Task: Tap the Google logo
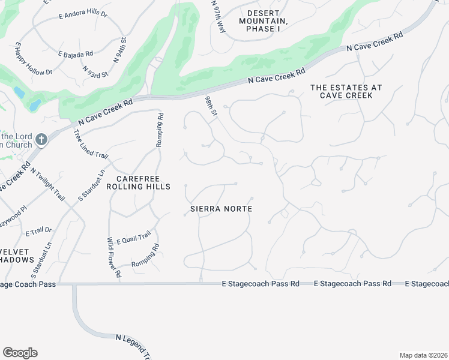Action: pyautogui.click(x=20, y=353)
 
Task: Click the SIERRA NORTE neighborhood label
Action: pyautogui.click(x=220, y=209)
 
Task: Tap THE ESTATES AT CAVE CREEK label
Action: pyautogui.click(x=346, y=91)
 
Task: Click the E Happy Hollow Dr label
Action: pyautogui.click(x=33, y=59)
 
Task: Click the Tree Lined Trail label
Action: pyautogui.click(x=91, y=145)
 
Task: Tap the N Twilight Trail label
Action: pyautogui.click(x=47, y=184)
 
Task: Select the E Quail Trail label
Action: pyautogui.click(x=133, y=240)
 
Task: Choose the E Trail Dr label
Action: pyautogui.click(x=39, y=231)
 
